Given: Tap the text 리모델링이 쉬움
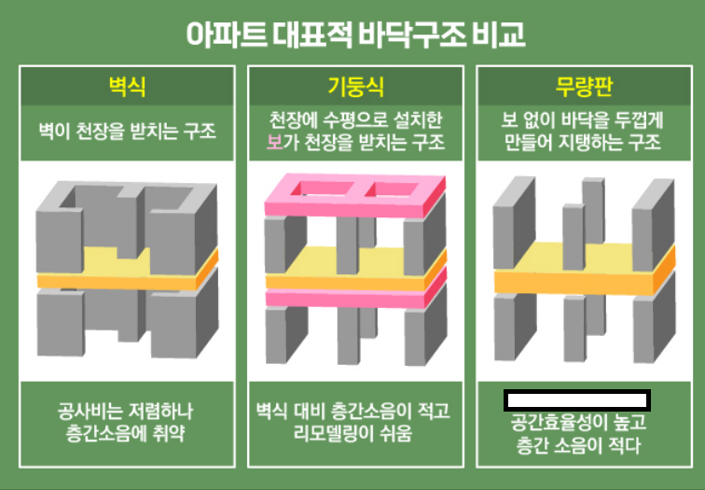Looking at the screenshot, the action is pyautogui.click(x=352, y=434).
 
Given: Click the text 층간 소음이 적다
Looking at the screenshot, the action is pyautogui.click(x=580, y=445).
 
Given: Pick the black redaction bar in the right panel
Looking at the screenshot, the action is pyautogui.click(x=577, y=401).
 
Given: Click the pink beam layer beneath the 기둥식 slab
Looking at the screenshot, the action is pyautogui.click(x=352, y=299).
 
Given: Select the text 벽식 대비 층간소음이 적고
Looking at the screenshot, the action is pyautogui.click(x=352, y=411).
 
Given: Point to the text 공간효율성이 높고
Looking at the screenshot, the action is pyautogui.click(x=580, y=423).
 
